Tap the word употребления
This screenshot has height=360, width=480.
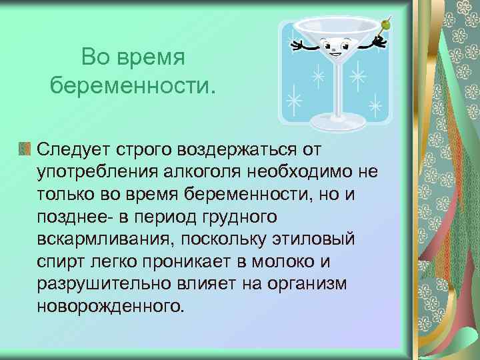pos(95,173)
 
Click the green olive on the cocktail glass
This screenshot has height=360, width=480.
pos(385,25)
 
